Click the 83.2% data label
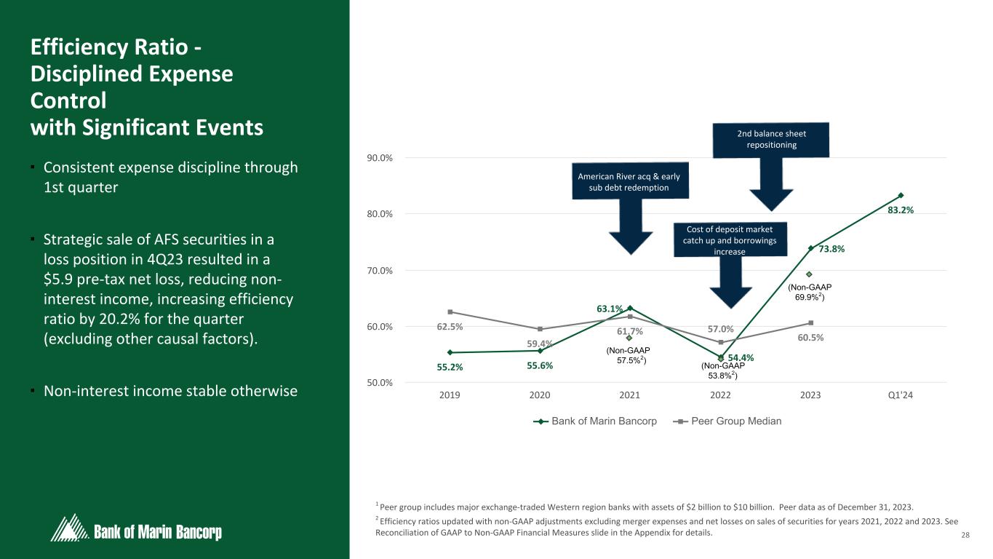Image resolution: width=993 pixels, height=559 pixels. (900, 210)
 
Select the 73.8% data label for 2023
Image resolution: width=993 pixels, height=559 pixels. (832, 249)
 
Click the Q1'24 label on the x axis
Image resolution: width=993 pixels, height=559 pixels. (901, 395)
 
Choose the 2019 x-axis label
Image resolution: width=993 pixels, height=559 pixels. (450, 395)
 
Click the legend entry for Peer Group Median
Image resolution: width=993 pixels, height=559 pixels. (736, 421)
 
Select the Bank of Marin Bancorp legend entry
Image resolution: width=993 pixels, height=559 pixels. (604, 421)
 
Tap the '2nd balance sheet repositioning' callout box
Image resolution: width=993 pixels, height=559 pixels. (771, 139)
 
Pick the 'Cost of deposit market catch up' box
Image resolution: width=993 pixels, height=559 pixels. (730, 240)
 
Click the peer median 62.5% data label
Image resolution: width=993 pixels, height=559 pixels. (450, 327)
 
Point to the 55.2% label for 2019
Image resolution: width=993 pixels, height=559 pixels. (450, 367)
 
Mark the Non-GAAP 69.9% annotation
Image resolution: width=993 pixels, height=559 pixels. (809, 292)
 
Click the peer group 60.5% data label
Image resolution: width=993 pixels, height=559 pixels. (810, 338)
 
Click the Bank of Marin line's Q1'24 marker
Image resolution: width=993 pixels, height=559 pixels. (901, 195)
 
